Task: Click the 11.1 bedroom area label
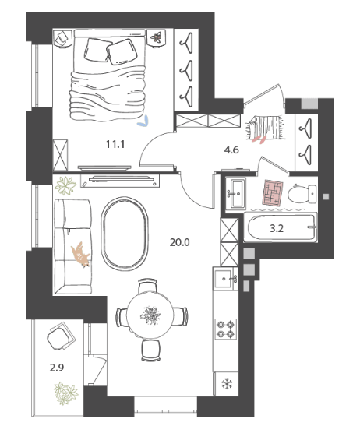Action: point(115,144)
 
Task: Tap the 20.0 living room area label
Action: point(179,242)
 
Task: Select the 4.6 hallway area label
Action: point(231,150)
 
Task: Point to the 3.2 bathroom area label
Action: point(277,228)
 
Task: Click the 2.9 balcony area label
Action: point(57,368)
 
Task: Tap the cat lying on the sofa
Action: point(80,255)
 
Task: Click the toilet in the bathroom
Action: point(302,194)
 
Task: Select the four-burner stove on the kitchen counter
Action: point(226,329)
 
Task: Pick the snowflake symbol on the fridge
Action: point(227,384)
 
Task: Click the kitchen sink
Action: point(224,279)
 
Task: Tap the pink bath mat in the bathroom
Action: point(273,193)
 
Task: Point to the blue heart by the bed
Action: point(143,121)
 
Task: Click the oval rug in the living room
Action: point(125,234)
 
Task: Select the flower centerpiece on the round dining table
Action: point(150,315)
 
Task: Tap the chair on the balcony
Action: point(61,335)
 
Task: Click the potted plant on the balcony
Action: point(65,393)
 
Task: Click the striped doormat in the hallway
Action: point(265,128)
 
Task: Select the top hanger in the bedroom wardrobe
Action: point(186,43)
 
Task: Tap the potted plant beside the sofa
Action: point(65,185)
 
